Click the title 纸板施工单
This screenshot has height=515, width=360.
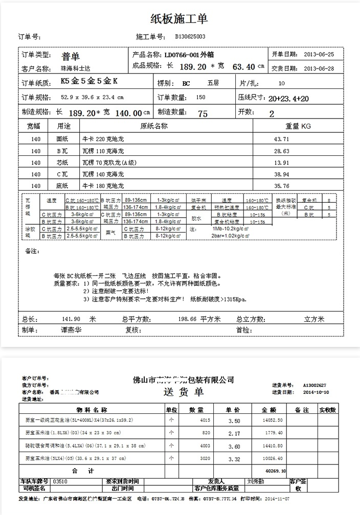click(179, 19)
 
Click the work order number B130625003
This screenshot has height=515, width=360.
click(190, 37)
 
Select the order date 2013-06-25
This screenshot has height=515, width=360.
click(319, 54)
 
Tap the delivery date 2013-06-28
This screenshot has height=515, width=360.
click(319, 68)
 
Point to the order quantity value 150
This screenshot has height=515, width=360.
click(201, 97)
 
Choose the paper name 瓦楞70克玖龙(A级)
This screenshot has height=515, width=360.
click(110, 162)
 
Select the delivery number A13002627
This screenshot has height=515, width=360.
click(314, 385)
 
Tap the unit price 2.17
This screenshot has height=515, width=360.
click(234, 433)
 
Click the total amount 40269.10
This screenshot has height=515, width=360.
click(275, 471)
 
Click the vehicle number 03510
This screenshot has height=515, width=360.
click(60, 481)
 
